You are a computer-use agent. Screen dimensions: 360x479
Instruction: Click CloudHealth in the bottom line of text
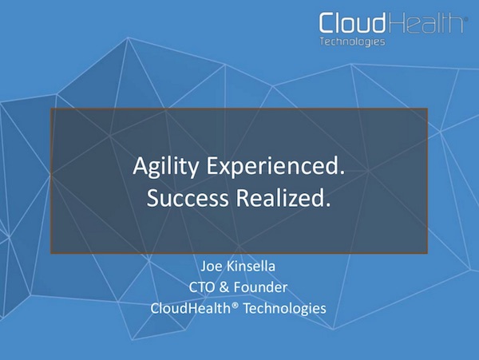188,307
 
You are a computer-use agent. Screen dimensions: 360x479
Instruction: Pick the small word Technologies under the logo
352,42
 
